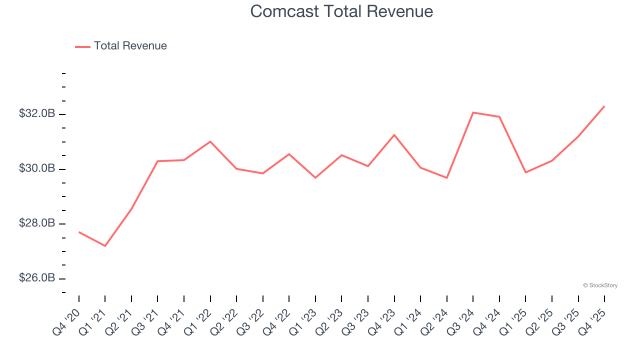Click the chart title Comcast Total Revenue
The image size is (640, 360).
341,11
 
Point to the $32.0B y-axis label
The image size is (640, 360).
37,114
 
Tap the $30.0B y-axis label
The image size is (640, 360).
37,168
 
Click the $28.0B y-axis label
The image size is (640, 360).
37,223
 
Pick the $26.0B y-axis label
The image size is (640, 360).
37,278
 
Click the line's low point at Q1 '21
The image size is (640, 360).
105,246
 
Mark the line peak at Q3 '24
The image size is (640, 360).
473,112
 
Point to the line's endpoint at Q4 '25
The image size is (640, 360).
604,106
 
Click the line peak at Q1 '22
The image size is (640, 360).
210,141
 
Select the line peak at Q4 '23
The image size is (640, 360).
394,134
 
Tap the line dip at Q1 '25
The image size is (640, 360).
525,172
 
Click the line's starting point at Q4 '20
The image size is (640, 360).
79,232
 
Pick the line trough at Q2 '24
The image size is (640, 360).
447,178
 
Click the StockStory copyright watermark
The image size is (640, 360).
600,285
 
